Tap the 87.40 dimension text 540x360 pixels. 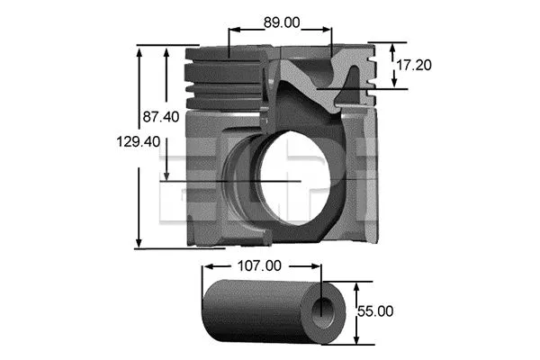[161, 116]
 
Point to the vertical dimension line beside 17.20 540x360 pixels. [395, 65]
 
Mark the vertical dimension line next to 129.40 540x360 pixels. [139, 148]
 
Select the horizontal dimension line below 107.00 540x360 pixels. [261, 267]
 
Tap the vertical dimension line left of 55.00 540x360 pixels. [357, 310]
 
